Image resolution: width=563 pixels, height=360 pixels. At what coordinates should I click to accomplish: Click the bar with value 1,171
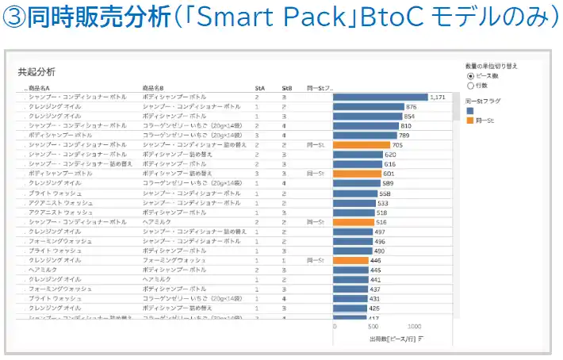(380, 97)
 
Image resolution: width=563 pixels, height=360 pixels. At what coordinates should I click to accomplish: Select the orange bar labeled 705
(362, 145)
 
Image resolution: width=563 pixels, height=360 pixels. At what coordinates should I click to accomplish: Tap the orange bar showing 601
(357, 173)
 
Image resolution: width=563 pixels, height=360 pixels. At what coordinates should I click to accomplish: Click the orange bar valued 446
(350, 260)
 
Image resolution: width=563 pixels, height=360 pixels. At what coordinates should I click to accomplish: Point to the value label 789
(404, 136)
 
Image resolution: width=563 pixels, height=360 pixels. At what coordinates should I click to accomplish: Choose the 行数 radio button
(471, 85)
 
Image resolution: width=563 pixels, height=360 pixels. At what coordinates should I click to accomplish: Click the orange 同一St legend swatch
(470, 121)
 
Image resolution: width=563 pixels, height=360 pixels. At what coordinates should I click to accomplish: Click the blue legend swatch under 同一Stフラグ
(470, 111)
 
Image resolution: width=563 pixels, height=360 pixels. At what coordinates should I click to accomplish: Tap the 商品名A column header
(40, 87)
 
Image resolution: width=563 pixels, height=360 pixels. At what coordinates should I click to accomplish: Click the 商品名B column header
(153, 87)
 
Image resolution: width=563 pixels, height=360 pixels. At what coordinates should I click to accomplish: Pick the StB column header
(286, 87)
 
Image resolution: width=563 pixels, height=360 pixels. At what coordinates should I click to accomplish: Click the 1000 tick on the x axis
(413, 326)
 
